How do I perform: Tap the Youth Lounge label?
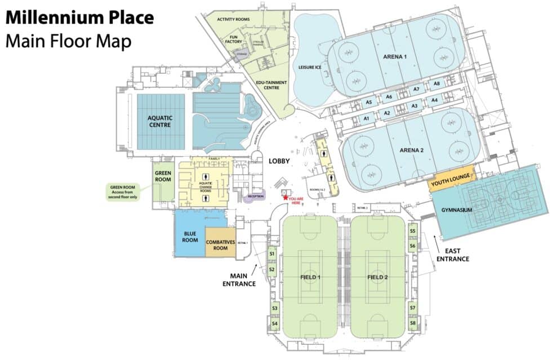(x=451, y=183)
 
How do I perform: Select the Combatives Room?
(x=221, y=245)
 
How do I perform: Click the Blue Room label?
(x=190, y=236)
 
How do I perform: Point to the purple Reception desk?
(x=256, y=197)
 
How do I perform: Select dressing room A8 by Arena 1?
(x=437, y=84)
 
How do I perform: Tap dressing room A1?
(x=366, y=119)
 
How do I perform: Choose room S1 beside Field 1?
(x=272, y=255)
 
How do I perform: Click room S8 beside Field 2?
(x=413, y=323)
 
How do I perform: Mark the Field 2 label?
(x=378, y=277)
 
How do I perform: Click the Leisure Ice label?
(x=310, y=68)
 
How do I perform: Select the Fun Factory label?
(x=234, y=39)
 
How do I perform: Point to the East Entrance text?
(x=457, y=255)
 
